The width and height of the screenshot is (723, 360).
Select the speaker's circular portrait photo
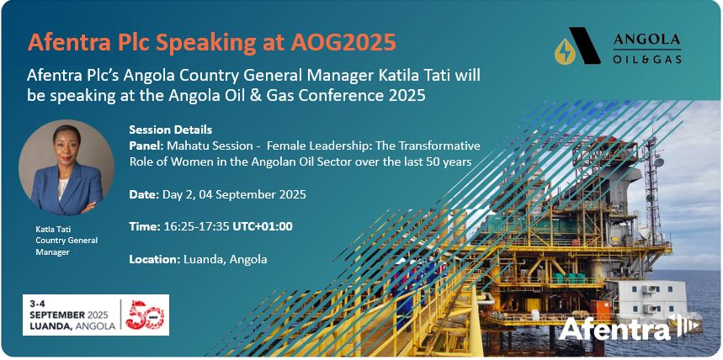[x=61, y=167]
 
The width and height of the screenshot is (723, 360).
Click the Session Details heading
[x=170, y=130]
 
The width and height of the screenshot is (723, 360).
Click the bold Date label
[x=143, y=194]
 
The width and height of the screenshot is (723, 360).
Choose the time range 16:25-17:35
[x=199, y=226]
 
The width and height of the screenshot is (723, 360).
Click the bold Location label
[x=154, y=259]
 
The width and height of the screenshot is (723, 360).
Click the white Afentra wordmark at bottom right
[x=614, y=329]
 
